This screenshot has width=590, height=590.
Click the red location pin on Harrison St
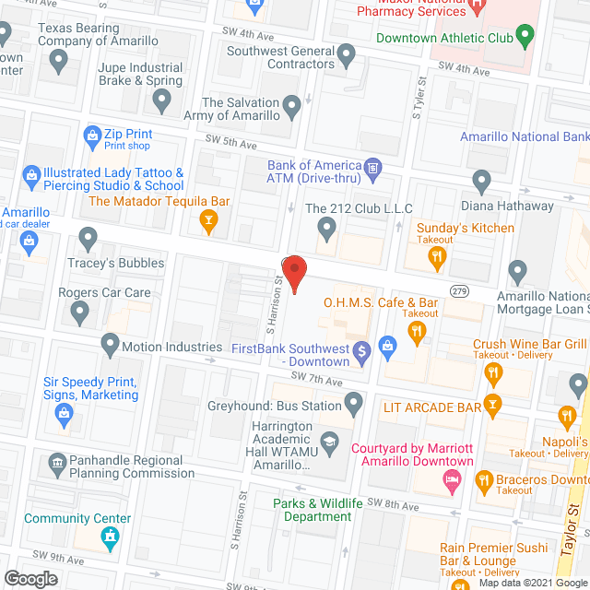tap(293, 274)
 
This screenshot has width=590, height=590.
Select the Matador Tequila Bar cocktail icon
tap(209, 219)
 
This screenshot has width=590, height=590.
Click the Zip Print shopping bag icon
tap(92, 138)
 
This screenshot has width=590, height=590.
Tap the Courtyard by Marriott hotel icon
tap(452, 479)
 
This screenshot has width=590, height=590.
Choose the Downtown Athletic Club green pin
tap(525, 39)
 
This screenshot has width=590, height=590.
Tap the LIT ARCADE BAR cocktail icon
tap(493, 406)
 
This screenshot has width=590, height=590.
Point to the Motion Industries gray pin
tap(110, 347)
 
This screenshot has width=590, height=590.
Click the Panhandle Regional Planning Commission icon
tap(57, 460)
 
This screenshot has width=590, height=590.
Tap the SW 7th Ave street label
tap(316, 380)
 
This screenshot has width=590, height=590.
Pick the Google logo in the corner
tap(29, 579)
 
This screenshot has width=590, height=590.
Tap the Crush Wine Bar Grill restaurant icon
tap(493, 372)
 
